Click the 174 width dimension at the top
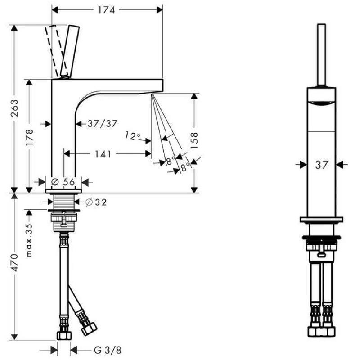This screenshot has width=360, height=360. pos(107,10)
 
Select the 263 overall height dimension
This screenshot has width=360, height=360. pos(15,108)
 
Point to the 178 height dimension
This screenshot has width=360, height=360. pos(29,137)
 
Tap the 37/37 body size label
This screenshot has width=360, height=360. pos(103,124)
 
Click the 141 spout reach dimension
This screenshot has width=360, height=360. pos(103,154)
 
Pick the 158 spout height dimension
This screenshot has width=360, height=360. pos(194,140)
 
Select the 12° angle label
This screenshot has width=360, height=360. pos(133,136)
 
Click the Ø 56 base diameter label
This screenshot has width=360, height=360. pos(63,182)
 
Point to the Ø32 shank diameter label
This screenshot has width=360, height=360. pos(96,202)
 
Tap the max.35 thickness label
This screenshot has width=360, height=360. pos(29,240)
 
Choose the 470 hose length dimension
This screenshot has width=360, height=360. pos(15,262)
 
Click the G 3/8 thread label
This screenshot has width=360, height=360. pos(108,350)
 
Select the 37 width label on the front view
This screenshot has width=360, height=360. pos(322,165)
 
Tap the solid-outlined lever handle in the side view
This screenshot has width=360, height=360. pos(70,51)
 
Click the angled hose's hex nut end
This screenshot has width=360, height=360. pos(89,329)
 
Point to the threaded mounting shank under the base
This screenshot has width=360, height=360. pos(64,201)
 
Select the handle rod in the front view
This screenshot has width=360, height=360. pos(321,55)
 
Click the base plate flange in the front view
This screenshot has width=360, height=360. pos(321,220)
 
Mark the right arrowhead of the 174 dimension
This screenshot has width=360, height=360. pos(160,10)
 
